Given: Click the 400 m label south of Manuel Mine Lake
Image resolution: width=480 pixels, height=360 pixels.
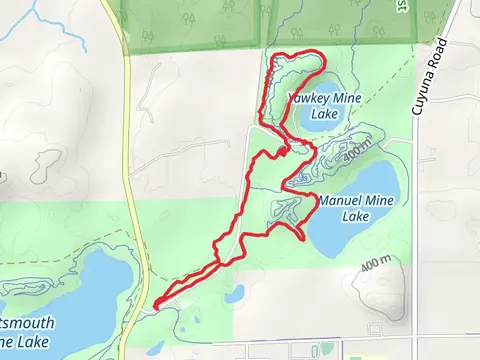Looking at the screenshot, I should [x=376, y=264].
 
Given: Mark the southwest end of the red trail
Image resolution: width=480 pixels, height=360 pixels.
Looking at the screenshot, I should [x=156, y=301].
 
